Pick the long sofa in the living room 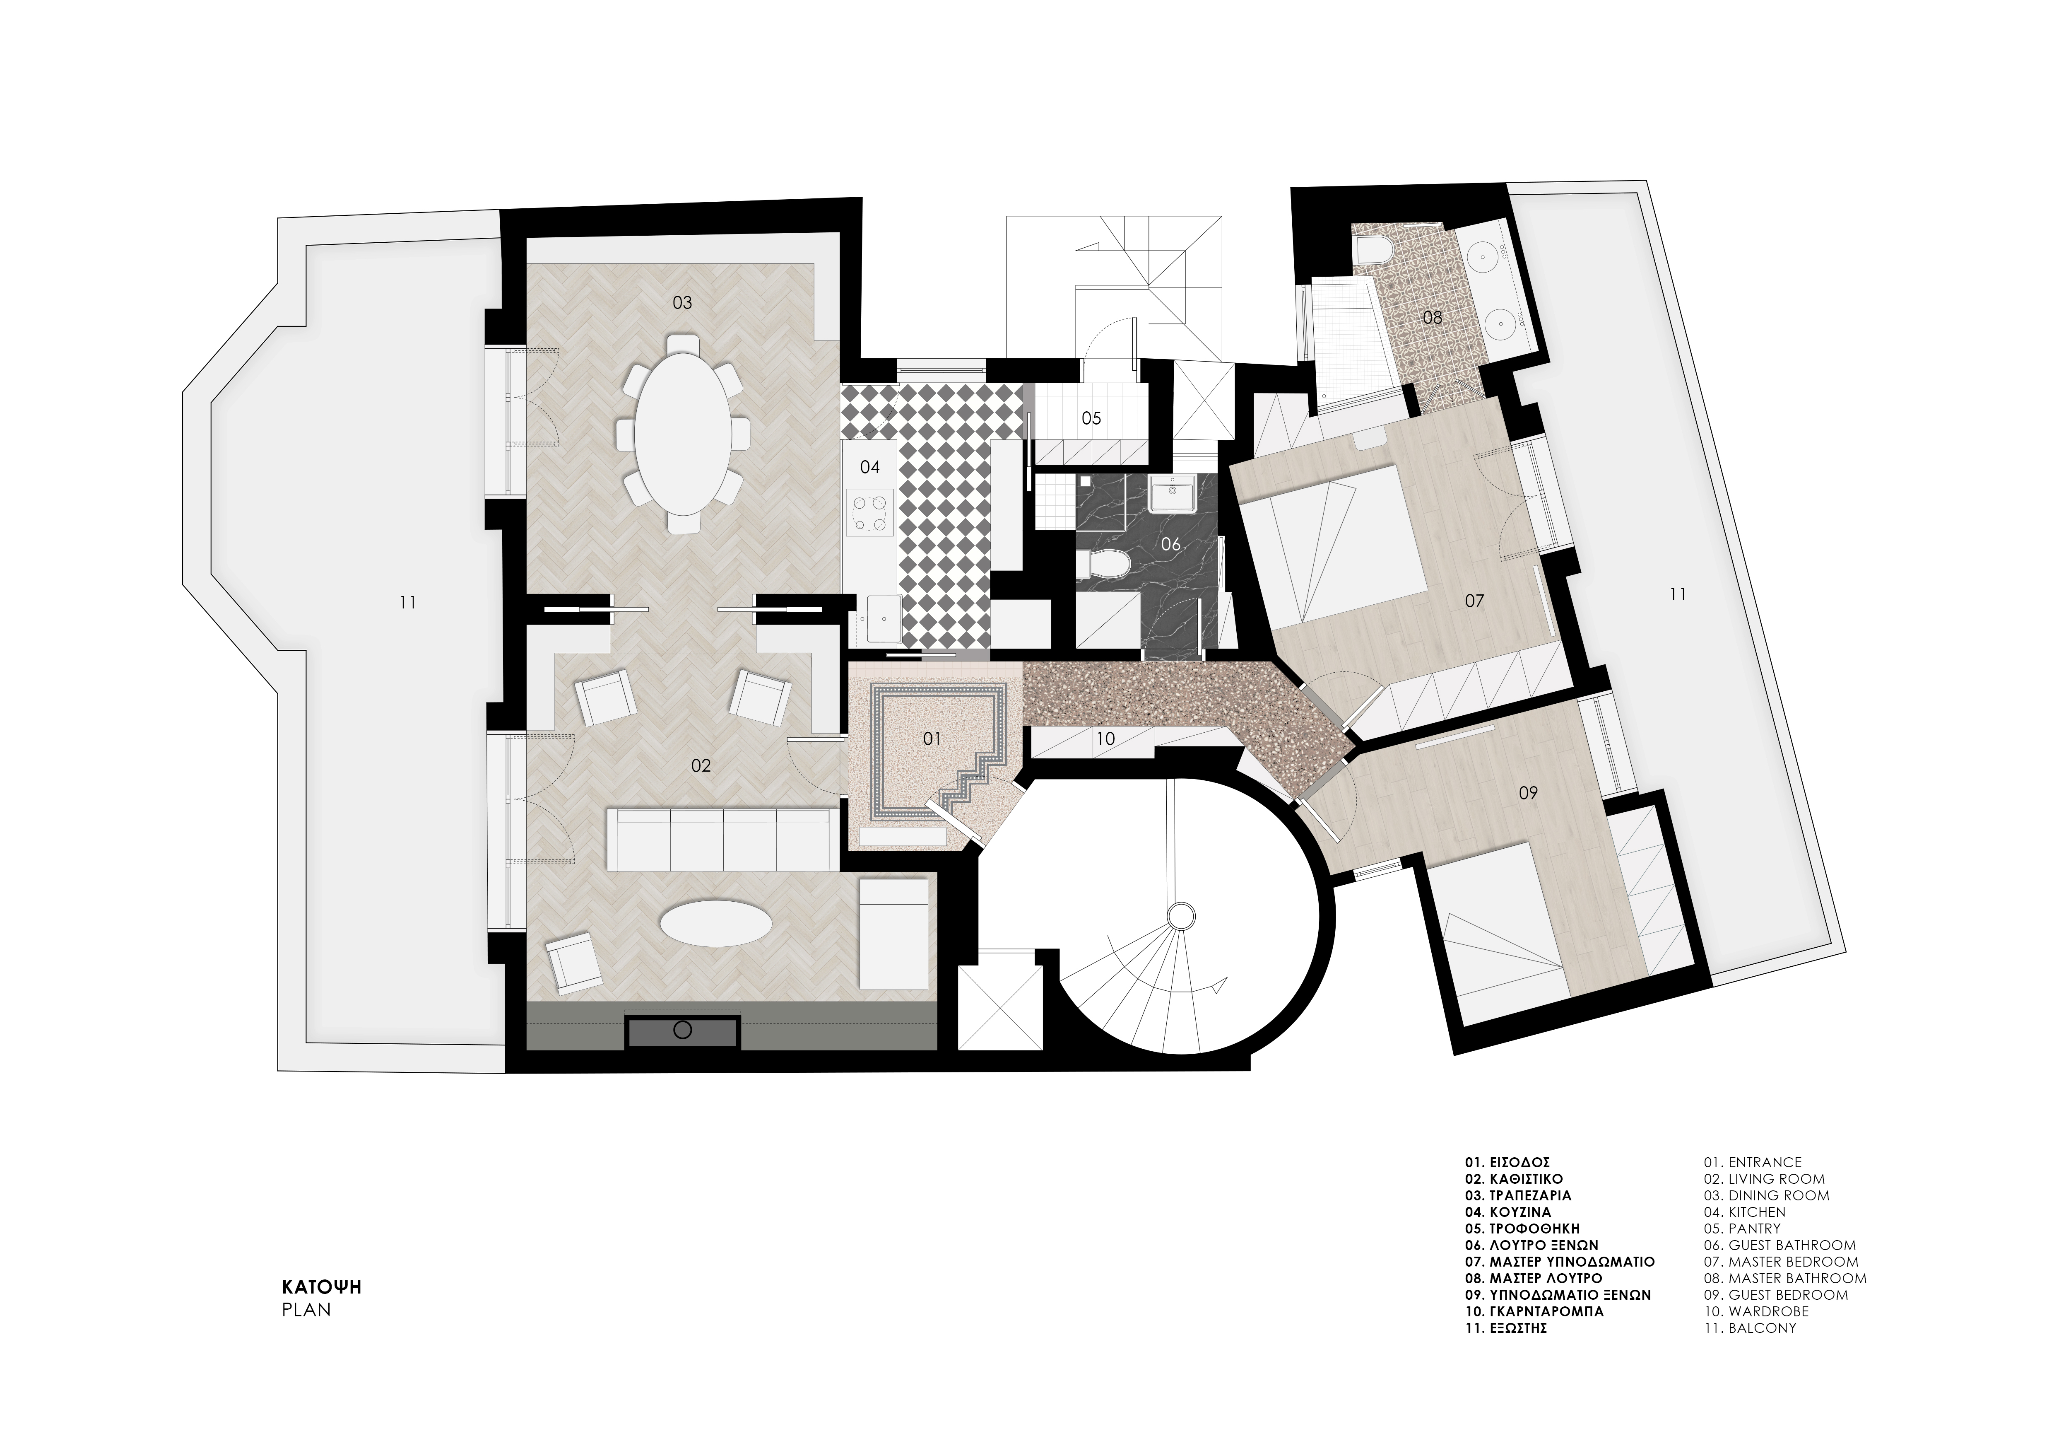(x=722, y=838)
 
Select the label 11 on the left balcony (x=408, y=603)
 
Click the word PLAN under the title (x=306, y=1309)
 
